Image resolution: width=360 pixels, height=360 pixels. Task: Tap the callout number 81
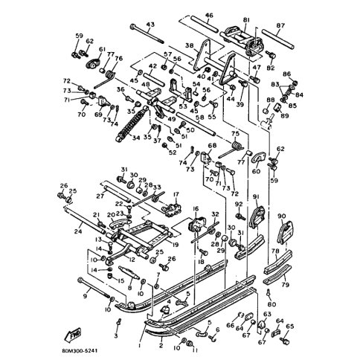[246, 19]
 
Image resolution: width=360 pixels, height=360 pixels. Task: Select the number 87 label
[280, 25]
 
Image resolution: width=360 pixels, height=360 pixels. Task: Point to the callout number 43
[150, 25]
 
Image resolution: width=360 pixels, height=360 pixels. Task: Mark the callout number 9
[85, 296]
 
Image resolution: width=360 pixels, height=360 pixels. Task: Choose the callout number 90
[281, 216]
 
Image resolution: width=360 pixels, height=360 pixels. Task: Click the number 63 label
[265, 315]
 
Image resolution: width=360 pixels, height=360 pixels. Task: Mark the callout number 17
[176, 195]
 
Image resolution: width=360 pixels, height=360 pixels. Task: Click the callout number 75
[237, 134]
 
